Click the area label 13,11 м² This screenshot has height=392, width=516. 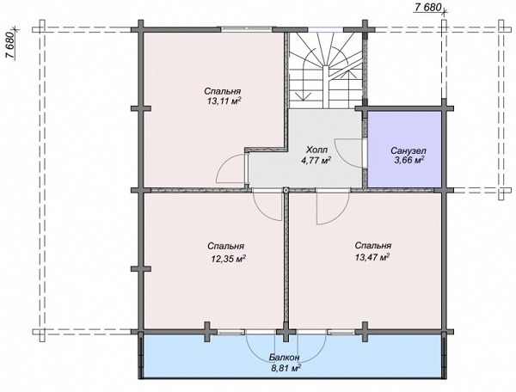pyautogui.click(x=224, y=101)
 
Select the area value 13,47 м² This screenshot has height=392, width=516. pyautogui.click(x=372, y=257)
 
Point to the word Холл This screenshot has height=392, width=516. pyautogui.click(x=316, y=150)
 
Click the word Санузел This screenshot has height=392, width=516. pyautogui.click(x=408, y=150)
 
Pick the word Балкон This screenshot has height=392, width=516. pyautogui.click(x=284, y=358)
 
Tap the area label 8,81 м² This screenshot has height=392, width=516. pyautogui.click(x=286, y=368)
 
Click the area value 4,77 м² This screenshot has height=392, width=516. pyautogui.click(x=316, y=161)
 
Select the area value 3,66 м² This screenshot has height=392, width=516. pyautogui.click(x=408, y=161)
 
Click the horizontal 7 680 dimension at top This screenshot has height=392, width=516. pyautogui.click(x=427, y=7)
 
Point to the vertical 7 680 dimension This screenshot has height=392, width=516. pyautogui.click(x=10, y=46)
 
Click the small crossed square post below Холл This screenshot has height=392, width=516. pyautogui.click(x=286, y=190)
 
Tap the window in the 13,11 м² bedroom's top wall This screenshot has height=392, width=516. pyautogui.click(x=247, y=29)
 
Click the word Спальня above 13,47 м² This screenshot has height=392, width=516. pyautogui.click(x=373, y=246)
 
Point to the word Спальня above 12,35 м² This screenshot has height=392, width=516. pyautogui.click(x=225, y=247)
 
